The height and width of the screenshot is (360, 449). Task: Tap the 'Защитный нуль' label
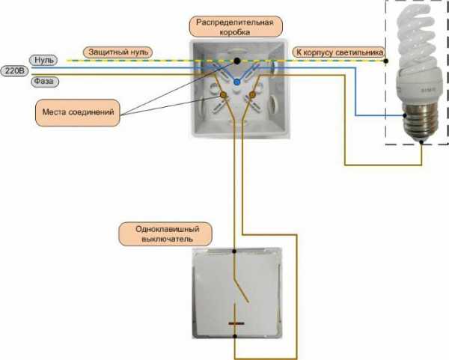(119, 52)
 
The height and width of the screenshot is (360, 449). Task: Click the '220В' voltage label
(14, 70)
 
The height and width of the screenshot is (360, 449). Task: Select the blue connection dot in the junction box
(236, 79)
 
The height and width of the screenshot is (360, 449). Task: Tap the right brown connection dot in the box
(252, 96)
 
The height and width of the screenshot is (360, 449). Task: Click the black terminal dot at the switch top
(236, 251)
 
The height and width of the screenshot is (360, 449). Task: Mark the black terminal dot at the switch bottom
(236, 336)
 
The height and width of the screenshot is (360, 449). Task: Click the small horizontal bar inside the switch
(236, 323)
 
